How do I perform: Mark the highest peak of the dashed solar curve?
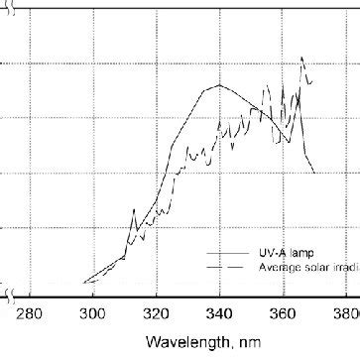pos(301,59)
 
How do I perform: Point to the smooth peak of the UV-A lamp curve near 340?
pos(218,86)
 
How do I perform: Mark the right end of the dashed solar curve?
pos(312,80)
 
